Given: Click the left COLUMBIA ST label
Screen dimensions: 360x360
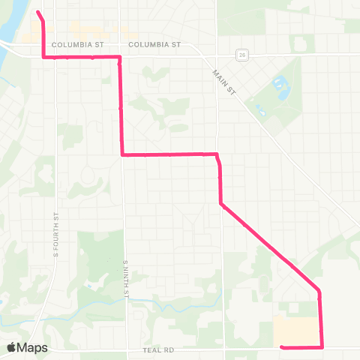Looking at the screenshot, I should [x=77, y=44].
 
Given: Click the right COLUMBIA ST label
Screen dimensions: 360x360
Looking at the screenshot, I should [x=155, y=44].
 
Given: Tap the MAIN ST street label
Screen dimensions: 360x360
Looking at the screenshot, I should [x=223, y=77].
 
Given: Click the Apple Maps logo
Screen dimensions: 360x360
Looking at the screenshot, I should [x=27, y=347].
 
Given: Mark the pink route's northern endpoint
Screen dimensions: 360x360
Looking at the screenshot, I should [x=38, y=12].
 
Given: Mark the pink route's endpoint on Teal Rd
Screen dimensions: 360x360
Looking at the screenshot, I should [x=281, y=346].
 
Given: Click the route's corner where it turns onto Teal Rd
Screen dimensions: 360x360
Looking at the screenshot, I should [x=322, y=346].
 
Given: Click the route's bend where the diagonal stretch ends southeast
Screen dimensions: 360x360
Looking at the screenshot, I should [x=319, y=290].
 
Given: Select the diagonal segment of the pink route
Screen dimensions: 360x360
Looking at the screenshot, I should [x=270, y=247].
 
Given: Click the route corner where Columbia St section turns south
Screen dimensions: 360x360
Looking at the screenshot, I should [x=119, y=57].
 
